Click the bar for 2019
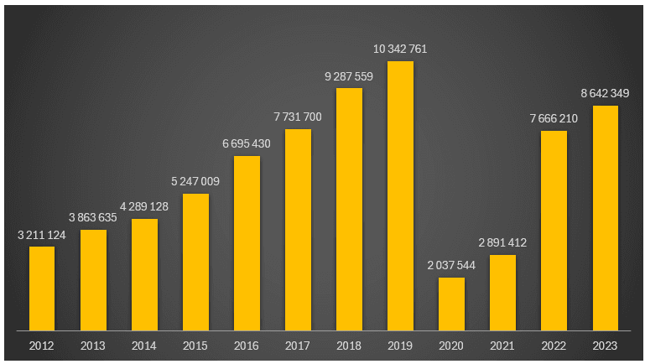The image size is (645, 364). [400, 195]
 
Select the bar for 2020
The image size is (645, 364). [451, 304]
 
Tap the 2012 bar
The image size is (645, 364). [42, 288]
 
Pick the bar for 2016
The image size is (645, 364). [247, 242]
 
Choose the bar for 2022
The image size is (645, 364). [554, 230]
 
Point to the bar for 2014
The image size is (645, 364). [144, 274]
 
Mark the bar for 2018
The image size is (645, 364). [349, 209]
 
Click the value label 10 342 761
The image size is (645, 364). [400, 49]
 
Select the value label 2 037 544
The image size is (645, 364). [451, 266]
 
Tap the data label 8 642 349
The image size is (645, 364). [605, 93]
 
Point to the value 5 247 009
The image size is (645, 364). [195, 181]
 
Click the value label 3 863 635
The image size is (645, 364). [93, 217]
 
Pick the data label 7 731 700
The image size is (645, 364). [298, 117]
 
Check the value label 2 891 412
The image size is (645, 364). [502, 243]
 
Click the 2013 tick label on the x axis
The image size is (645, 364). [93, 346]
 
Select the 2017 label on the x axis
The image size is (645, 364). [298, 346]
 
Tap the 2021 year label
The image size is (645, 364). [502, 346]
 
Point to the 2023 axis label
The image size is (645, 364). [605, 346]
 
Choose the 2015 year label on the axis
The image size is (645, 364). [195, 346]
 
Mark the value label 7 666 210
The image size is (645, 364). [554, 118]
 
